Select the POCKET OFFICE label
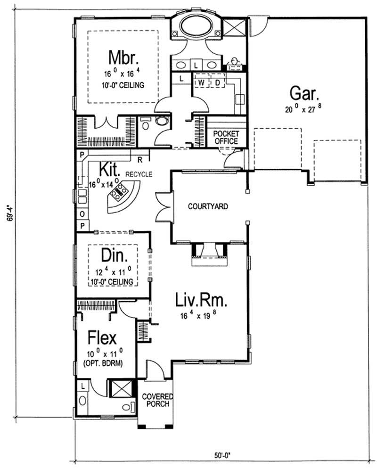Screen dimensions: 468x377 (226, 138)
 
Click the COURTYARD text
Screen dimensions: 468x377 (208, 206)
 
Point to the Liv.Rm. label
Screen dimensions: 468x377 (195, 301)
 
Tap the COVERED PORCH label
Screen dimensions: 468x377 (157, 401)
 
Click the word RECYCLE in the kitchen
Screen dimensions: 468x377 (139, 174)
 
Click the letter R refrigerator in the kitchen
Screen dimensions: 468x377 (140, 159)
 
